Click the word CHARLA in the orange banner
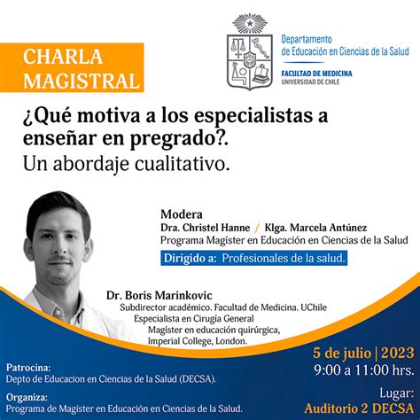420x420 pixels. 63,57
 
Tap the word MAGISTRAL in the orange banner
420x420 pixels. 82,81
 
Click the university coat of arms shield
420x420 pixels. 250,62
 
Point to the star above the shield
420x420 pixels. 250,23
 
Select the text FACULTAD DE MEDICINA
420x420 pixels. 316,74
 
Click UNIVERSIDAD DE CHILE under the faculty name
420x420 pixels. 310,82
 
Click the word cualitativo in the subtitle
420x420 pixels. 183,164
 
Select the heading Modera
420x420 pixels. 182,214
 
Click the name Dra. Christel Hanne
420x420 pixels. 206,228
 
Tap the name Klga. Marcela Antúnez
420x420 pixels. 315,228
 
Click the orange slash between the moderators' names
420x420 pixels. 257,228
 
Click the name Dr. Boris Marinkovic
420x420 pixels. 159,295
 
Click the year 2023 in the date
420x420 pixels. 398,353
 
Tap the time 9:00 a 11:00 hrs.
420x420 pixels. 364,369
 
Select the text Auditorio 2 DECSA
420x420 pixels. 359,408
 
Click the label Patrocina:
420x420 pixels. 28,368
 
